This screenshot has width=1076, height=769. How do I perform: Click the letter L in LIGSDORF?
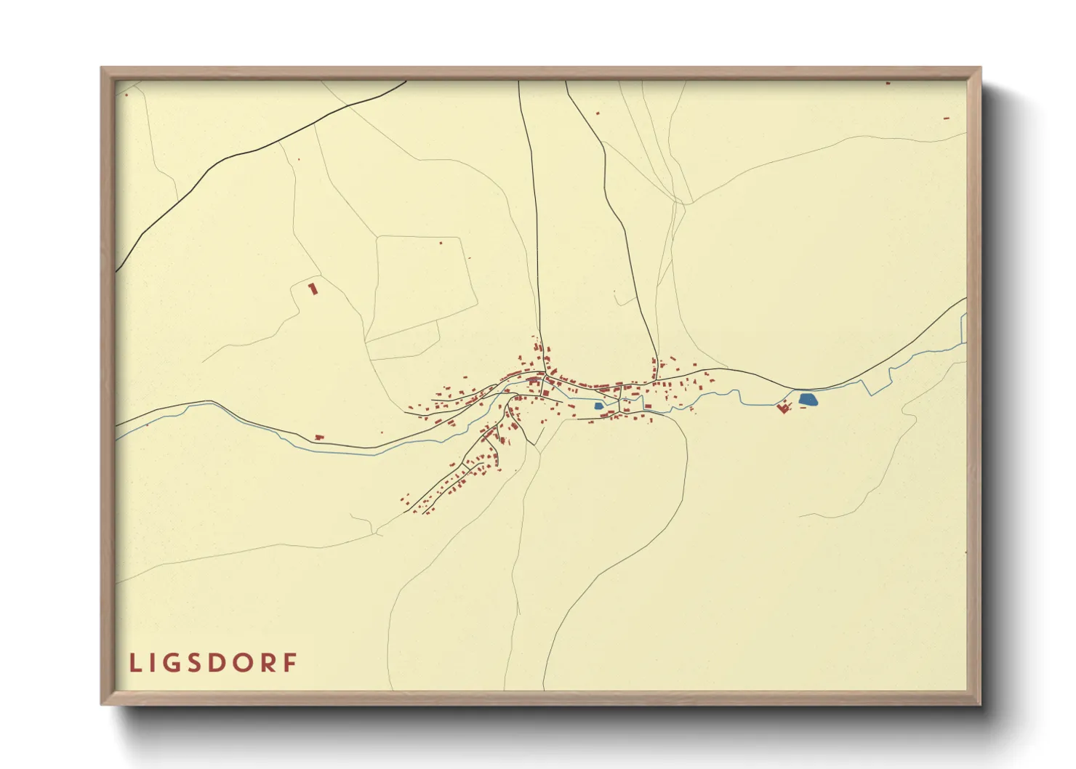[134, 663]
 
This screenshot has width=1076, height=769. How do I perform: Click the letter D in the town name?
[220, 663]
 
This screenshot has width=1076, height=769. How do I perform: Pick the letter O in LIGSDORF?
[246, 663]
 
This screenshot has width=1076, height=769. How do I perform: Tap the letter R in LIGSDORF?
[270, 663]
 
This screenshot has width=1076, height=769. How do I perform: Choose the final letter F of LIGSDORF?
[291, 663]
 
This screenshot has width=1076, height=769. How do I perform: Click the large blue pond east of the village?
[808, 399]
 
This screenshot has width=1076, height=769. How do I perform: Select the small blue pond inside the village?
[598, 406]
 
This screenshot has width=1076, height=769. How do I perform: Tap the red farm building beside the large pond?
[783, 408]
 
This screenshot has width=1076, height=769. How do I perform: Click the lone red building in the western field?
[313, 289]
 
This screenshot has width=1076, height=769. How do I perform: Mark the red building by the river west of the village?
[318, 437]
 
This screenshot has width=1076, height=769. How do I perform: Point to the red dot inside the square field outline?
[441, 243]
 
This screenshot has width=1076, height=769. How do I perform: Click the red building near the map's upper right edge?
[946, 118]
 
